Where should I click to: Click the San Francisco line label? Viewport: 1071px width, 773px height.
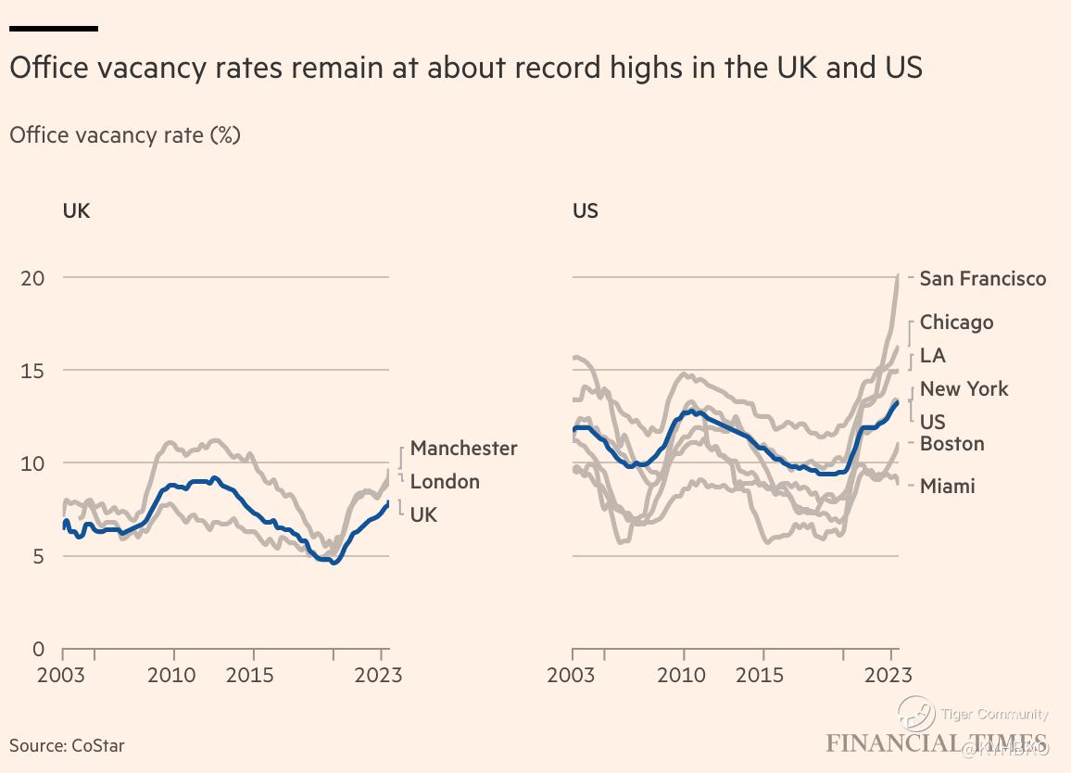(982, 278)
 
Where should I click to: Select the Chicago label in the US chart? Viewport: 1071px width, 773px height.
(956, 323)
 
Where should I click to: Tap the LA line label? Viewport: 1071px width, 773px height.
(932, 356)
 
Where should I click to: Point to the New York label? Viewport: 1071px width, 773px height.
(964, 389)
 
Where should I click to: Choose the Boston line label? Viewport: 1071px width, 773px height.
(951, 444)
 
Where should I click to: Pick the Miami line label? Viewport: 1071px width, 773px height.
(947, 486)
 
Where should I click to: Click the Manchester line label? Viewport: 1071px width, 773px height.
(463, 449)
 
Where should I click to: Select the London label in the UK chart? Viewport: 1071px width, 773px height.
(445, 482)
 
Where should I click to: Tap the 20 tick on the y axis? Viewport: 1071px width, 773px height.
(33, 278)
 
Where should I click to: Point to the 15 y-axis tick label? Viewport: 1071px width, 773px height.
(33, 371)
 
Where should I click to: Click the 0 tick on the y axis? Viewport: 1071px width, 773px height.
(38, 649)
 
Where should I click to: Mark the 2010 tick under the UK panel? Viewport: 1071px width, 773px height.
(172, 675)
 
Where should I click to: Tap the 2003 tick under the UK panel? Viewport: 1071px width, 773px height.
(61, 675)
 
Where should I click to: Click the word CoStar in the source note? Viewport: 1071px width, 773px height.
(97, 745)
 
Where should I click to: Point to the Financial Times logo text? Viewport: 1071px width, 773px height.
(936, 743)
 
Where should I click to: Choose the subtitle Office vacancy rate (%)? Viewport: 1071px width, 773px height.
(125, 135)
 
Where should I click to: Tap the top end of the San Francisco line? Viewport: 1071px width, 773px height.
(898, 275)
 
